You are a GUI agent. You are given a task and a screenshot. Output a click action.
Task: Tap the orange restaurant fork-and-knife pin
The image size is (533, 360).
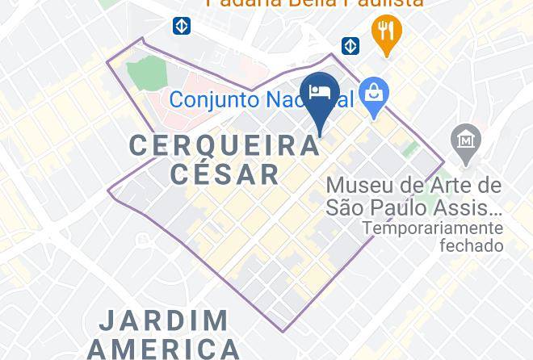pos(387,32)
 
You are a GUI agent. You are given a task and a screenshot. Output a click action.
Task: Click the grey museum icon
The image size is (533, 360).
pos(467,140)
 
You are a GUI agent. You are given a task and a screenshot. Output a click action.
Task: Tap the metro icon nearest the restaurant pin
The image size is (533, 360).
pos(350,45)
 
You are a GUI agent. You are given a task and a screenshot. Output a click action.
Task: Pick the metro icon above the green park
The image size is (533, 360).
pos(182,26)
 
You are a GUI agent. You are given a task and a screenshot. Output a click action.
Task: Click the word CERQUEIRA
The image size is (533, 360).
pos(225,145)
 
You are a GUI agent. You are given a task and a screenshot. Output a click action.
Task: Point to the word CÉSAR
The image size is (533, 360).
pos(225,174)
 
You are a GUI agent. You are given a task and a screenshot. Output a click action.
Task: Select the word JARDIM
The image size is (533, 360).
pos(164,320)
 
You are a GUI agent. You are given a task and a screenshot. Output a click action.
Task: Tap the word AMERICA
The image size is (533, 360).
pos(164,349)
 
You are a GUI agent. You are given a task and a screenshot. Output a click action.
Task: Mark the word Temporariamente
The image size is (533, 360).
pos(432,228)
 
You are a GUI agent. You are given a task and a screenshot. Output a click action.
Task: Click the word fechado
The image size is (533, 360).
pos(471,245)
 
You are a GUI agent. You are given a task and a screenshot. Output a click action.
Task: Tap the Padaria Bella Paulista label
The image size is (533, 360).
pos(314,3)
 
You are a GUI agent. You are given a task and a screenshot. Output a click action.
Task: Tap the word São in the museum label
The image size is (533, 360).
pos(346,207)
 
